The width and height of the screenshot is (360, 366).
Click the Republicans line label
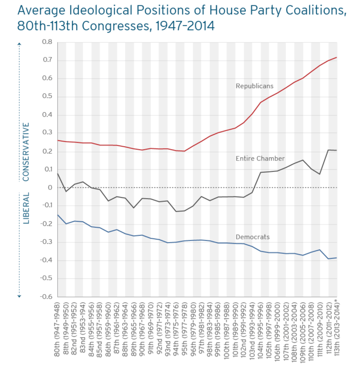[255, 86]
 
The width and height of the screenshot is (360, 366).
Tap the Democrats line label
[252, 237]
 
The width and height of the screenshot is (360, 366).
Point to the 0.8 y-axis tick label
[47, 42]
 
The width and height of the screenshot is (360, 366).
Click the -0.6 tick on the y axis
[46, 297]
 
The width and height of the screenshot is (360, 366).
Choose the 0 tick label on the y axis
[50, 187]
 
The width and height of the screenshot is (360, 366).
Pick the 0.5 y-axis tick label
[47, 97]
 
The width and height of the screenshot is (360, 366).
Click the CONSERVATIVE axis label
[26, 152]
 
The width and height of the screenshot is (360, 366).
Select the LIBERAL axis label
[26, 208]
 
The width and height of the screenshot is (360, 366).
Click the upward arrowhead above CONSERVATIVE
[20, 44]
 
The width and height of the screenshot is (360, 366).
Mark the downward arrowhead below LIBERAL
[20, 296]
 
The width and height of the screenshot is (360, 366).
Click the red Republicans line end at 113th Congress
[336, 57]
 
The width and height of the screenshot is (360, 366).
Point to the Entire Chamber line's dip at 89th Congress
[134, 208]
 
